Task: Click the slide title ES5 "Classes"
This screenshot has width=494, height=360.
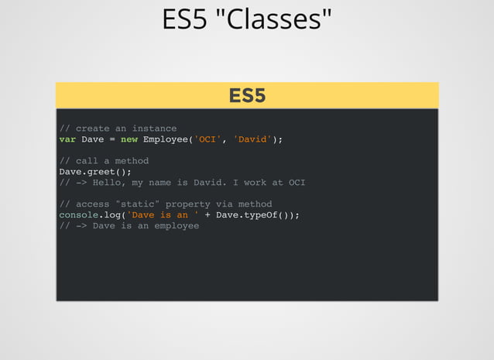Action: (x=247, y=20)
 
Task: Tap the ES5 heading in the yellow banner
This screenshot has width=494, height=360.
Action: (x=247, y=95)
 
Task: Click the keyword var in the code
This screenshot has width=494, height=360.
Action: (x=67, y=139)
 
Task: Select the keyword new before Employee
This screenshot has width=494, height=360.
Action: (x=129, y=139)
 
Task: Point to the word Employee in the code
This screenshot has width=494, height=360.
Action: (x=165, y=139)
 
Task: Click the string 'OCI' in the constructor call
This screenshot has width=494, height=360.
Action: (x=207, y=139)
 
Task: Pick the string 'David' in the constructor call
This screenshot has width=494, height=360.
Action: (x=252, y=139)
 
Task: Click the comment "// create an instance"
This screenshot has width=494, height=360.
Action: (x=118, y=129)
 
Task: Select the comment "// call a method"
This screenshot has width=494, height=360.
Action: (x=104, y=161)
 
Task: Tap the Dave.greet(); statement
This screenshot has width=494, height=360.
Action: (x=95, y=172)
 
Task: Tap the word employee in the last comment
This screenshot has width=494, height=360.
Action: (x=177, y=226)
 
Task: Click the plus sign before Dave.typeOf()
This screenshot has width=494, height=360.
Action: (x=208, y=215)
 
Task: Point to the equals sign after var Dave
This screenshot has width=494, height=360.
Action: (x=112, y=139)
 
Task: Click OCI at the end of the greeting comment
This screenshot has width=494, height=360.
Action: (x=297, y=183)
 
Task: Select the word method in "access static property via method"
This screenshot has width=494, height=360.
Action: (x=255, y=204)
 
